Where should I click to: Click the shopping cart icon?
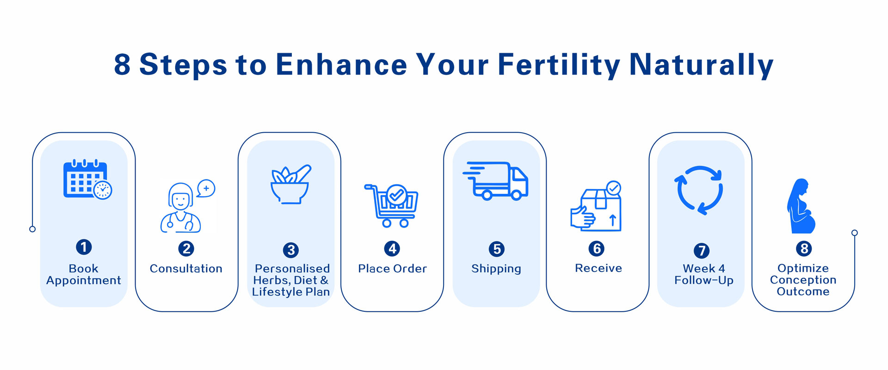[x=391, y=205]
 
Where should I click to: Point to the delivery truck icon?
[x=495, y=181]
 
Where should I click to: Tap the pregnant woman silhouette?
[x=801, y=206]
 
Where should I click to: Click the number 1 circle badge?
[x=84, y=247]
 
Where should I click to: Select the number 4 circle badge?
[x=392, y=249]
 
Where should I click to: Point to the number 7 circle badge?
[x=702, y=251]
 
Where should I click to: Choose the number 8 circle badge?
[x=804, y=249]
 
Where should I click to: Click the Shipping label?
[x=496, y=269]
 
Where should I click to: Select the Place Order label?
[x=392, y=269]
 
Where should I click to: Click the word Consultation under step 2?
[x=186, y=269]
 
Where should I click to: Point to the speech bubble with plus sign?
[x=206, y=189]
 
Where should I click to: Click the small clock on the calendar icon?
[x=103, y=190]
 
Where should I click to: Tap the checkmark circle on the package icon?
[x=614, y=188]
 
